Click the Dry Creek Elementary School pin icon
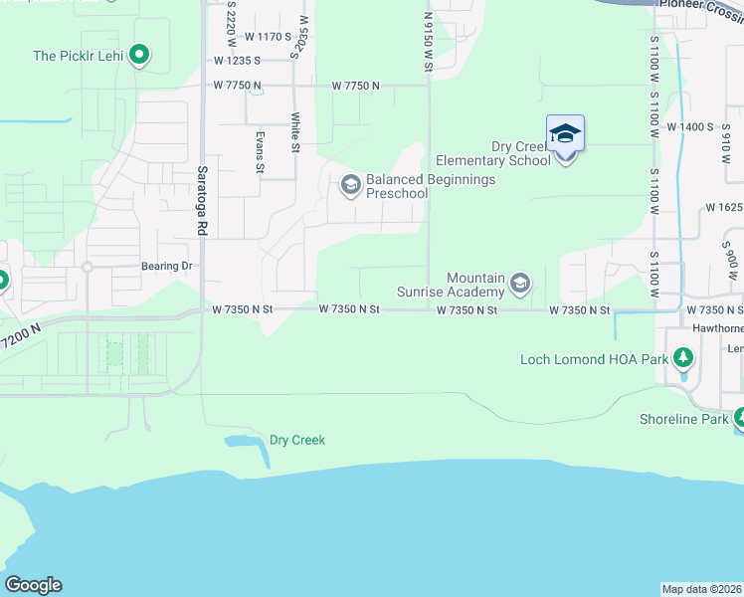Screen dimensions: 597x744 click(x=565, y=134)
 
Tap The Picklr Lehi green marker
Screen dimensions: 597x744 click(x=140, y=56)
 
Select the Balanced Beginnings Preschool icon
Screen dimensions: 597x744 click(x=350, y=185)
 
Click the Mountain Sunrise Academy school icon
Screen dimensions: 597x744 click(x=518, y=286)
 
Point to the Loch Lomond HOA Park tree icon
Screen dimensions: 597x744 click(x=682, y=358)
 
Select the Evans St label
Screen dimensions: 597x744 click(x=260, y=152)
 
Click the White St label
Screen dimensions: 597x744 click(x=295, y=132)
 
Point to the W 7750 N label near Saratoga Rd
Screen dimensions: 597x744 click(x=236, y=86)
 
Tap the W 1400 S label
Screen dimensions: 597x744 click(x=690, y=127)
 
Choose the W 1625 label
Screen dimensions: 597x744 click(x=723, y=208)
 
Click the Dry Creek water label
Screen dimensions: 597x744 click(x=297, y=440)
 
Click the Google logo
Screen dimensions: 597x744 click(x=33, y=585)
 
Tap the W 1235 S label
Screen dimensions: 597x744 click(x=236, y=61)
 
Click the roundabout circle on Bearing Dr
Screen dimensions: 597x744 click(x=88, y=267)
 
